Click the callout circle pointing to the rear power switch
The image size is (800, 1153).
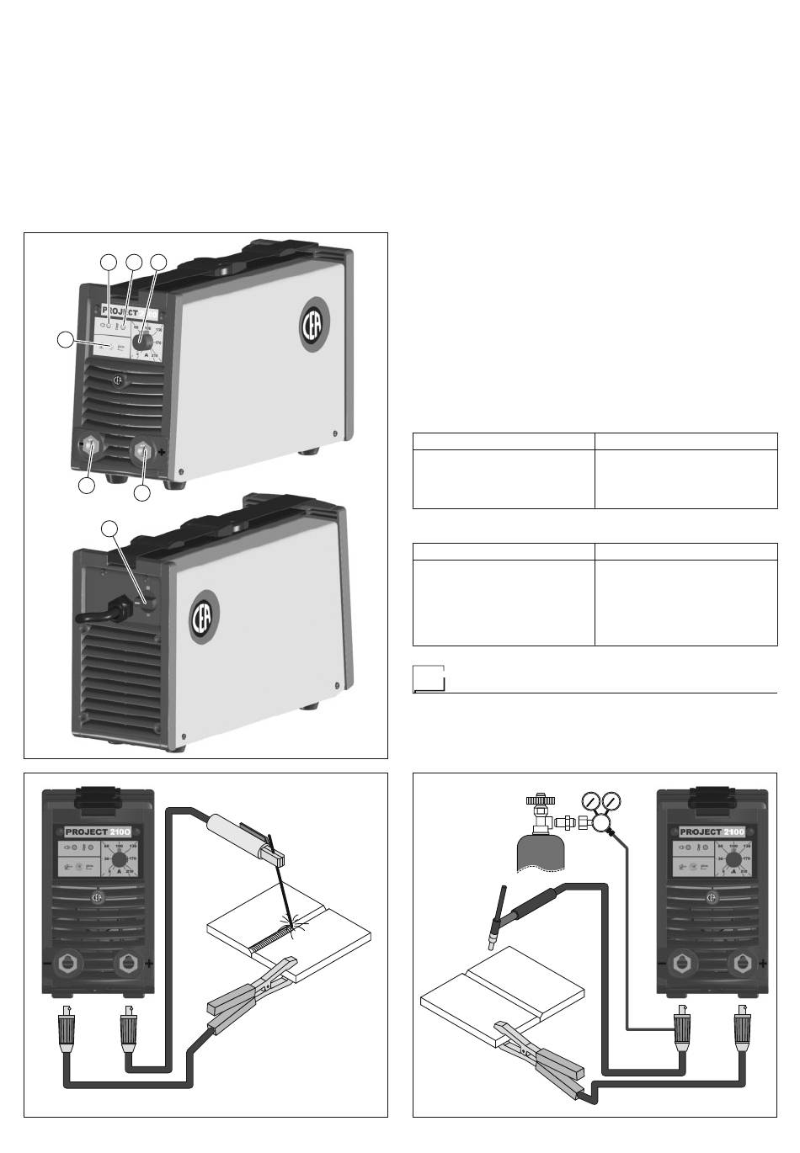pyautogui.click(x=109, y=529)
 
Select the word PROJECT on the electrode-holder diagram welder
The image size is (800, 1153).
pyautogui.click(x=88, y=832)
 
